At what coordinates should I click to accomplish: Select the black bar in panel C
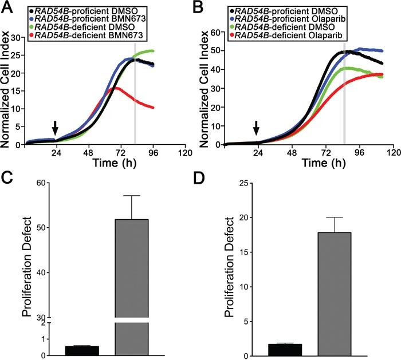[x=81, y=350]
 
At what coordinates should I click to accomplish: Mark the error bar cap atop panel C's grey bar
[x=132, y=196]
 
